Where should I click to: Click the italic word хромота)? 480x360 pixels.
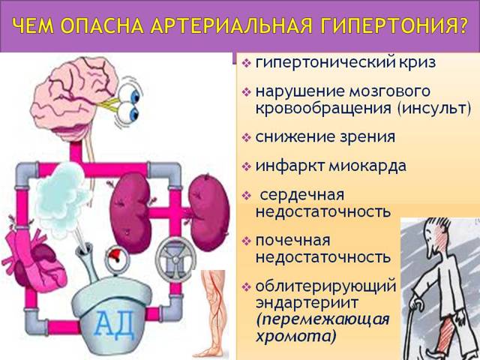point(295,335)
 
